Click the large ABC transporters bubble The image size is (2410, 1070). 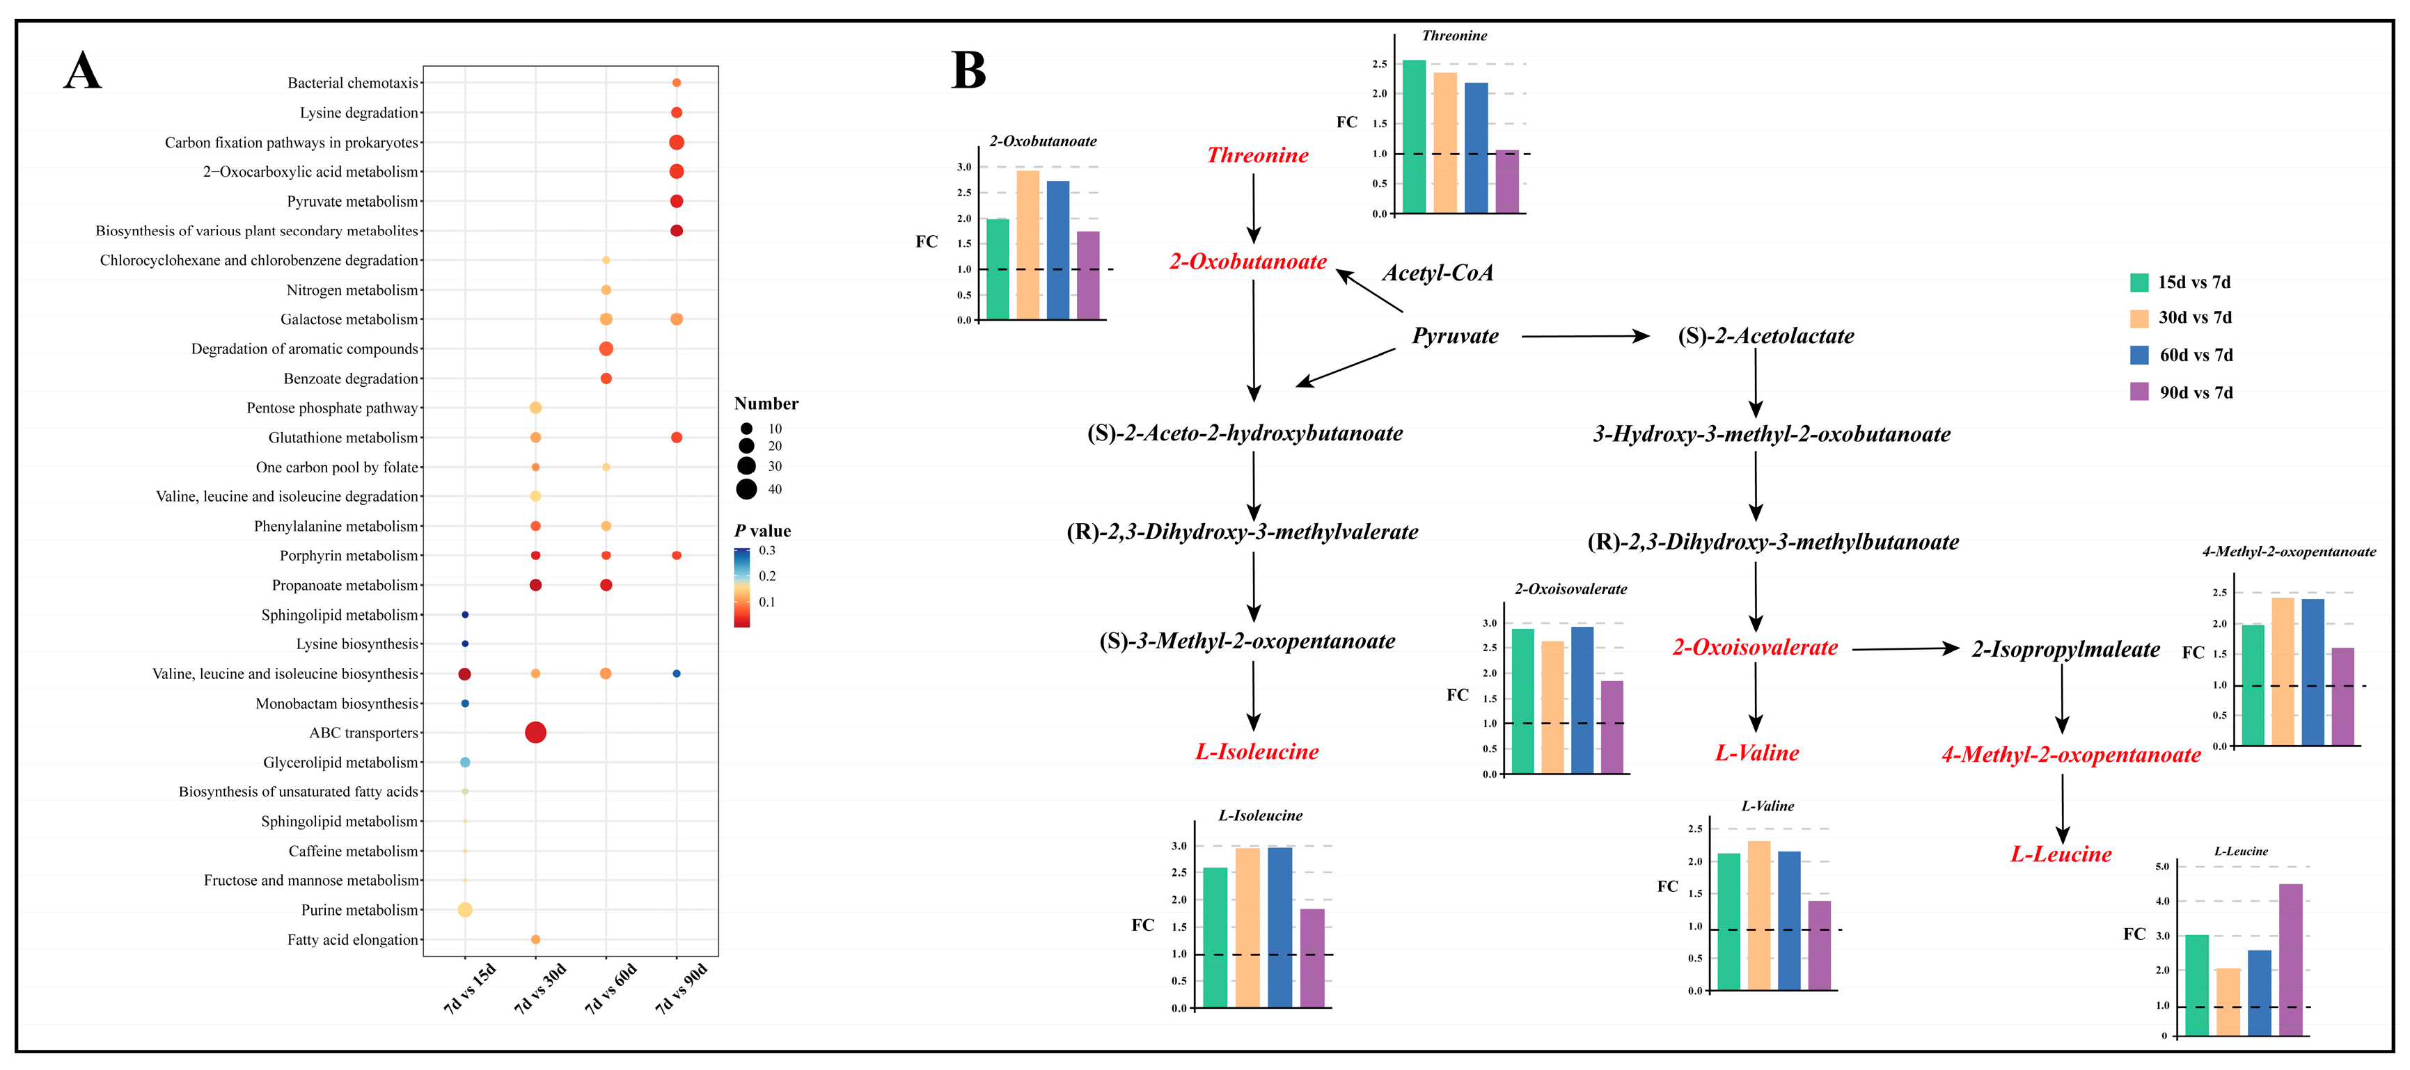pyautogui.click(x=535, y=733)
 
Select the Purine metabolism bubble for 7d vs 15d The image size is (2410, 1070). pyautogui.click(x=465, y=909)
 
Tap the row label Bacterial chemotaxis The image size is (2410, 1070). pyautogui.click(x=353, y=83)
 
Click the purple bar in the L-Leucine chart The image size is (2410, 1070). pyautogui.click(x=2290, y=959)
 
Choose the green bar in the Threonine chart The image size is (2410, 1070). pyautogui.click(x=1414, y=136)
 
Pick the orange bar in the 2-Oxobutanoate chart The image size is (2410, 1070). pyautogui.click(x=1027, y=245)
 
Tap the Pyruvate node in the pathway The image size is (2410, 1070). pyautogui.click(x=1455, y=336)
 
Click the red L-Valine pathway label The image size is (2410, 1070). pyautogui.click(x=1756, y=753)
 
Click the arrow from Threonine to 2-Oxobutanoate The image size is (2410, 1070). pyautogui.click(x=1254, y=207)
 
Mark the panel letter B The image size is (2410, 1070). pyautogui.click(x=968, y=70)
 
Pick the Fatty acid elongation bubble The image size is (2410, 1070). pyautogui.click(x=535, y=939)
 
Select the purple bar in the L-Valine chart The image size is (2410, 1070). pyautogui.click(x=1819, y=945)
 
